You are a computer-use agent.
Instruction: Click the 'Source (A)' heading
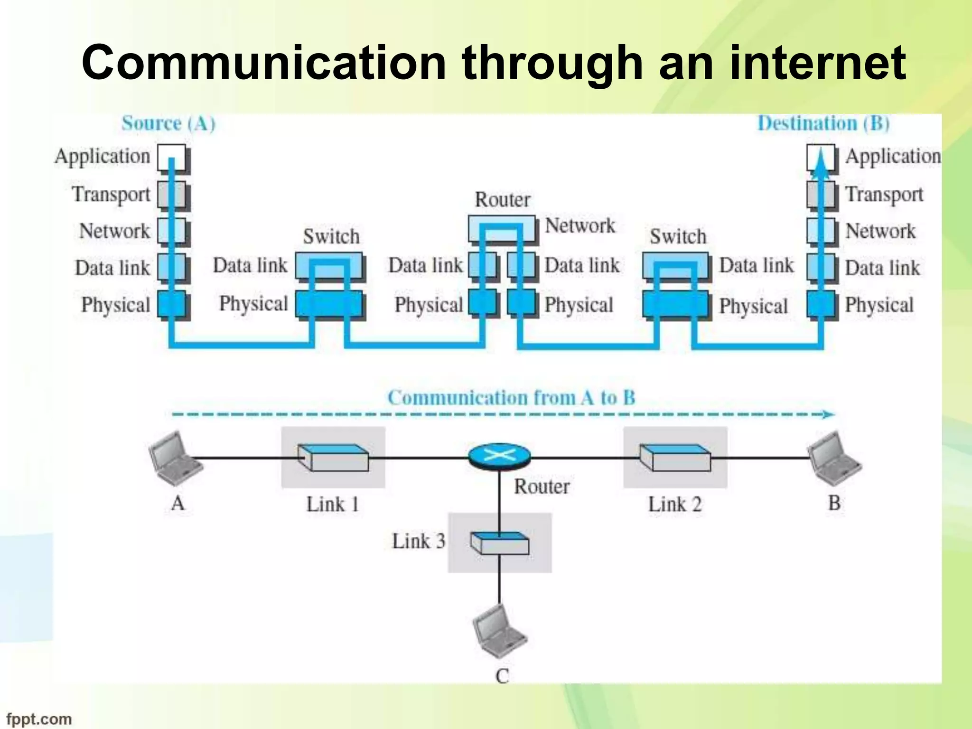(168, 123)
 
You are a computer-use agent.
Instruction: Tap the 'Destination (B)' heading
(823, 123)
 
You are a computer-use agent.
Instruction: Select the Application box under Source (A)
(171, 158)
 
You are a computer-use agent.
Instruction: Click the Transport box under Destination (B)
(821, 195)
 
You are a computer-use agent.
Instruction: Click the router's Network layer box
(502, 229)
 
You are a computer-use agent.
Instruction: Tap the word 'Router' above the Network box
(502, 199)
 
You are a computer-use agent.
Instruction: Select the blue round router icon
(499, 456)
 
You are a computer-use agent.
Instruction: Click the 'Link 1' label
(332, 504)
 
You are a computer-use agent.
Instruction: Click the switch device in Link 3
(499, 543)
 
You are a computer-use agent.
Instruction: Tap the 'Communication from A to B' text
(511, 398)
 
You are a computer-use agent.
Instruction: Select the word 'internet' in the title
(817, 63)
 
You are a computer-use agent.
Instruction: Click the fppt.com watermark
(39, 719)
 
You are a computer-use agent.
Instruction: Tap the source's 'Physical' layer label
(115, 305)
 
